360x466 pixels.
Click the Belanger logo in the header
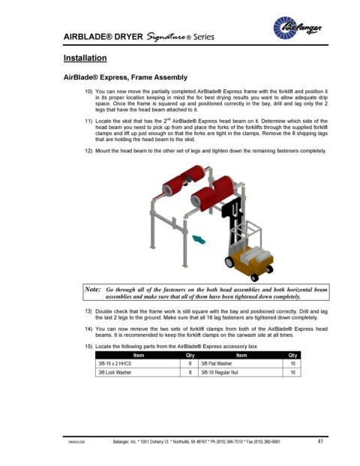tap(297, 28)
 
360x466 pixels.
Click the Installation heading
tap(85, 58)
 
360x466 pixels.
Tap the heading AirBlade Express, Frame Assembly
tap(125, 77)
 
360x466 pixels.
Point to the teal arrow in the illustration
tap(199, 239)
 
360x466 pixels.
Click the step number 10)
tap(88, 92)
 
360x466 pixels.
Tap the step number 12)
tap(88, 151)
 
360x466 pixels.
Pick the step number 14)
tap(88, 329)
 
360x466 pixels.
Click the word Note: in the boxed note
tap(93, 289)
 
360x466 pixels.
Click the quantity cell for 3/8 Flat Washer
tap(292, 363)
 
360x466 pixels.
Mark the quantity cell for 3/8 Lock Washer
tap(190, 372)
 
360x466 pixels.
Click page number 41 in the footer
tap(320, 441)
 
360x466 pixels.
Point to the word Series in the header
tap(204, 37)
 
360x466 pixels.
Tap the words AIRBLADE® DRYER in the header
tap(103, 37)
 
